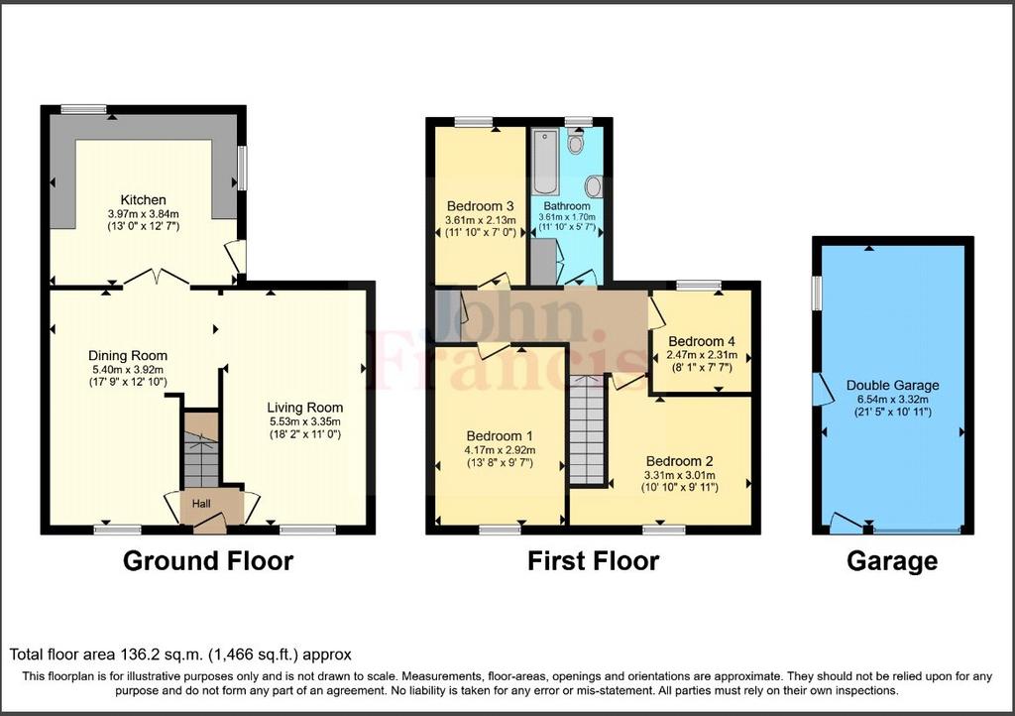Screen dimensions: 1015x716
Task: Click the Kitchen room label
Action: tap(143, 200)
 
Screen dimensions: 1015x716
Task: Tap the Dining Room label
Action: tap(128, 355)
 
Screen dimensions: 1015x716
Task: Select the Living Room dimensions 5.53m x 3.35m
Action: tap(305, 421)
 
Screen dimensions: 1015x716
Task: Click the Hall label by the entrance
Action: tap(201, 503)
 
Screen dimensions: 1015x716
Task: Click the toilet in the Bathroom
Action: tap(575, 141)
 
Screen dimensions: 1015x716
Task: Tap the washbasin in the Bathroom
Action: tap(593, 187)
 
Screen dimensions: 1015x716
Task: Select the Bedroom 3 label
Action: tap(481, 206)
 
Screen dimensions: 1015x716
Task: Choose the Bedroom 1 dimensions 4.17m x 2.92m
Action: tap(500, 450)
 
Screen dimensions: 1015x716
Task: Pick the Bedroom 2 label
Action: tap(680, 461)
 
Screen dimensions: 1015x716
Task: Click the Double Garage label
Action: tap(893, 385)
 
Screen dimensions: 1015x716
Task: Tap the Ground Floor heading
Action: tap(208, 560)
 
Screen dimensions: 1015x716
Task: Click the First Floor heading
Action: tap(593, 560)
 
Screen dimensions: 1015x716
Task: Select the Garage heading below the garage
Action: tap(892, 560)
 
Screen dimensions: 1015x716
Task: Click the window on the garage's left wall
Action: tap(817, 292)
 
